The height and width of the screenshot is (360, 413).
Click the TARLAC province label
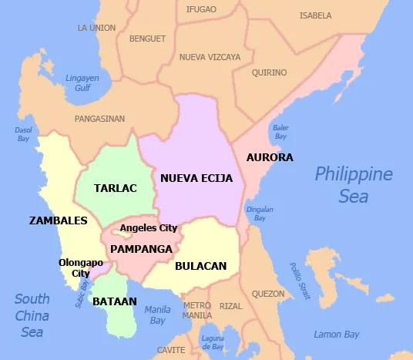pos(115,188)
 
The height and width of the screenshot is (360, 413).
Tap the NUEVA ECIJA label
pos(196,178)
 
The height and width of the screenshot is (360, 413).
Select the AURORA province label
pos(270,157)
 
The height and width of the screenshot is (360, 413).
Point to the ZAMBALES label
pos(58,220)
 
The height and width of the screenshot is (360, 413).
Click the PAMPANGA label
pos(141,249)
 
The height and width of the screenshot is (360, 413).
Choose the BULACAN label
pos(200,266)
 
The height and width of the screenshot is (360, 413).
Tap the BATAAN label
pos(114,301)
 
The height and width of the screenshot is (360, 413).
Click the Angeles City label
pos(148,228)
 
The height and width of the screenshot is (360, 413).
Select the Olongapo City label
pos(81,267)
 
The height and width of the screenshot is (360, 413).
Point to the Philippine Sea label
pos(353,185)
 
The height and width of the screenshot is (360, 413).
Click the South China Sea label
pos(32,315)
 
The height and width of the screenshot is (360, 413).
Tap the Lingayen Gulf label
pos(82,83)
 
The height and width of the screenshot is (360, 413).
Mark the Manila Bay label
pos(157,315)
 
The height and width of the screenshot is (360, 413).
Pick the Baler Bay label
pos(280,132)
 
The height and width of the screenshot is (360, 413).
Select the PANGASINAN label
pos(99,119)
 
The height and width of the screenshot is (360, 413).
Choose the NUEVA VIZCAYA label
pos(210,57)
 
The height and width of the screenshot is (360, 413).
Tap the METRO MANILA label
pos(196,311)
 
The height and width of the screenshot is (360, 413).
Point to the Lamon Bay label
pos(337,335)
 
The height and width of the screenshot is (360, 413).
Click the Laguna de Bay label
pos(212,342)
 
